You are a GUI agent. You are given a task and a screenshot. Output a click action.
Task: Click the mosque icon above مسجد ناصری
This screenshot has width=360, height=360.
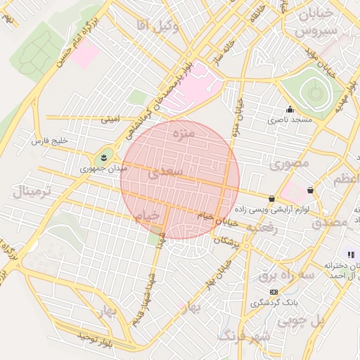(289, 110)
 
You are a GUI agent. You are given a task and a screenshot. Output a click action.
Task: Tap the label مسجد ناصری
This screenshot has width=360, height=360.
(294, 121)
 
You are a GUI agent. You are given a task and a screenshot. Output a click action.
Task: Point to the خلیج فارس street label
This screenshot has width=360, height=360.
(49, 141)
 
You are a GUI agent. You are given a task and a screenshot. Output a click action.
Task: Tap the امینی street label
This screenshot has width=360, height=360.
(110, 120)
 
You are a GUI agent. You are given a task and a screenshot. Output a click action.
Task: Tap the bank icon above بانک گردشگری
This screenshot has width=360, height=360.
(274, 292)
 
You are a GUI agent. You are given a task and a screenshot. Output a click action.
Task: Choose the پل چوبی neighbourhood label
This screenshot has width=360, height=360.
(300, 321)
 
